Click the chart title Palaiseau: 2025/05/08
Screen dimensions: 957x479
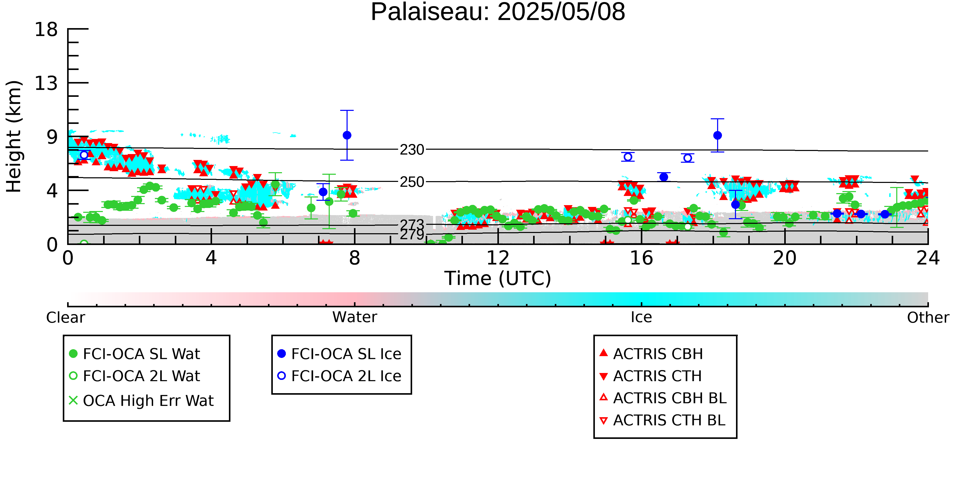pyautogui.click(x=498, y=12)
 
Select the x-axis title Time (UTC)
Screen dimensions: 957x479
pyautogui.click(x=498, y=278)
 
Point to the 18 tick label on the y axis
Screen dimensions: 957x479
pyautogui.click(x=46, y=29)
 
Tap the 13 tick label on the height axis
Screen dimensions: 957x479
pyautogui.click(x=46, y=83)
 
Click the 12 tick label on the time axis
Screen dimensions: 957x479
pyautogui.click(x=498, y=258)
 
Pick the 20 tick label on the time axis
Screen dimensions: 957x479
pyautogui.click(x=785, y=258)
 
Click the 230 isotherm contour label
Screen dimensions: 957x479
pyautogui.click(x=412, y=150)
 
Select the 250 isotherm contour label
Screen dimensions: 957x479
pyautogui.click(x=412, y=182)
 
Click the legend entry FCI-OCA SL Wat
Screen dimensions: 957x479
pyautogui.click(x=134, y=354)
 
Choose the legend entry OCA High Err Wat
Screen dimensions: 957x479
pyautogui.click(x=141, y=401)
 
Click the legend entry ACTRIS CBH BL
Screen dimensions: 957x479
pyautogui.click(x=663, y=398)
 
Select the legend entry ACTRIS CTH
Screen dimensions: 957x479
pyautogui.click(x=651, y=376)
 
